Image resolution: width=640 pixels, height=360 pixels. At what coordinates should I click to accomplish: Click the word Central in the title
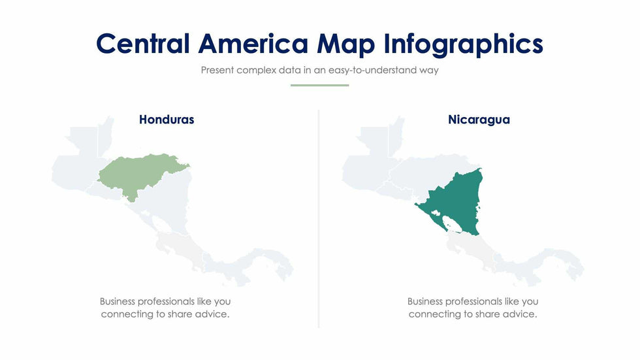click(143, 44)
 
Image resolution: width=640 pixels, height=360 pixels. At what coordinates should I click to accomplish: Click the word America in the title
click(253, 44)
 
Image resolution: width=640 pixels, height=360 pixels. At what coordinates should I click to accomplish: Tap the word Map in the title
click(346, 44)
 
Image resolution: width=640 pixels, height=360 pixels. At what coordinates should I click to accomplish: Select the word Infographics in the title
click(464, 44)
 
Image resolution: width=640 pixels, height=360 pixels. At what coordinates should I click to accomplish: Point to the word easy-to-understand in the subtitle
click(369, 70)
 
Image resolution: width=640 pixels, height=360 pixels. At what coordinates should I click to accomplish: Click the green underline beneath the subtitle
click(319, 85)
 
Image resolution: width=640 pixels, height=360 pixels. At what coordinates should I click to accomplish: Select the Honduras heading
click(167, 120)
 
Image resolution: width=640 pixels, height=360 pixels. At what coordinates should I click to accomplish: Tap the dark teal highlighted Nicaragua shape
click(457, 196)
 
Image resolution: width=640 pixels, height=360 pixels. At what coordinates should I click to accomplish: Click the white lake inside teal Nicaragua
click(451, 224)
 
